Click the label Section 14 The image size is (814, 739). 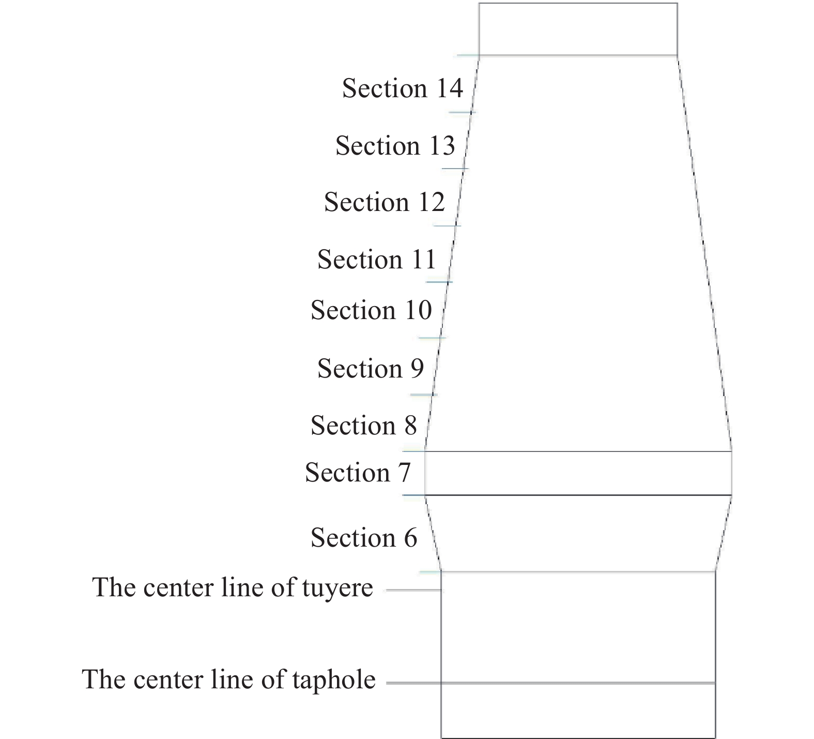click(x=403, y=88)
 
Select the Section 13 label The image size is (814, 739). click(x=395, y=145)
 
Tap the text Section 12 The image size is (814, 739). click(x=385, y=202)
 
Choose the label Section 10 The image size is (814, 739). click(x=371, y=310)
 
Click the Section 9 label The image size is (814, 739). click(x=371, y=368)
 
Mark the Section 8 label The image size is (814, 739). click(x=364, y=425)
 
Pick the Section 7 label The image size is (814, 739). click(x=358, y=472)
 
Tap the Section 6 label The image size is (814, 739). click(x=364, y=537)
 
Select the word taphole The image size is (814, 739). click(x=334, y=680)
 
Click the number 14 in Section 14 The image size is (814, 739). click(x=449, y=88)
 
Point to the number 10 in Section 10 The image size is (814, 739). click(x=418, y=310)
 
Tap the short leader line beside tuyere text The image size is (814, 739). click(x=414, y=590)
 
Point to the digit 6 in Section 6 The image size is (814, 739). click(x=410, y=538)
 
